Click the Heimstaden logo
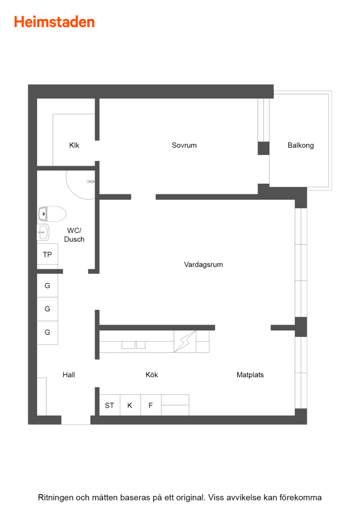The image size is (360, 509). point(54,22)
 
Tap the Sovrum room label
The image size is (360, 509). point(184,145)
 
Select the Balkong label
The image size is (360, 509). point(301,145)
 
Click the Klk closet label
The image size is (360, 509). point(74,145)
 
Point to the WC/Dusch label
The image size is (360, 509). point(74,235)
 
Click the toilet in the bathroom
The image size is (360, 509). point(52,214)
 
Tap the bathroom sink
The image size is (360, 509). point(43,232)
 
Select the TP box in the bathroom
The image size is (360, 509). point(48,255)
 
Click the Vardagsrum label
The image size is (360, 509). point(203,265)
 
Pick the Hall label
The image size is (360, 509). point(69,374)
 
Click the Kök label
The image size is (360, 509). point(152,374)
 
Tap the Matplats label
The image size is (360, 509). point(250,374)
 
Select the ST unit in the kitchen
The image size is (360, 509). point(109,405)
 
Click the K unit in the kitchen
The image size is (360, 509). point(130,405)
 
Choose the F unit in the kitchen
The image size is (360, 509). point(151,405)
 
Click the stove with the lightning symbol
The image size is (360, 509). point(185,342)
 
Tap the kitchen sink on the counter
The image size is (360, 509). point(133,345)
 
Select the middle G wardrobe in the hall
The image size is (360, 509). point(48,309)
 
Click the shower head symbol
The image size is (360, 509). point(91,182)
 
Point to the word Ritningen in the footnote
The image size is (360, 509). point(55,498)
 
